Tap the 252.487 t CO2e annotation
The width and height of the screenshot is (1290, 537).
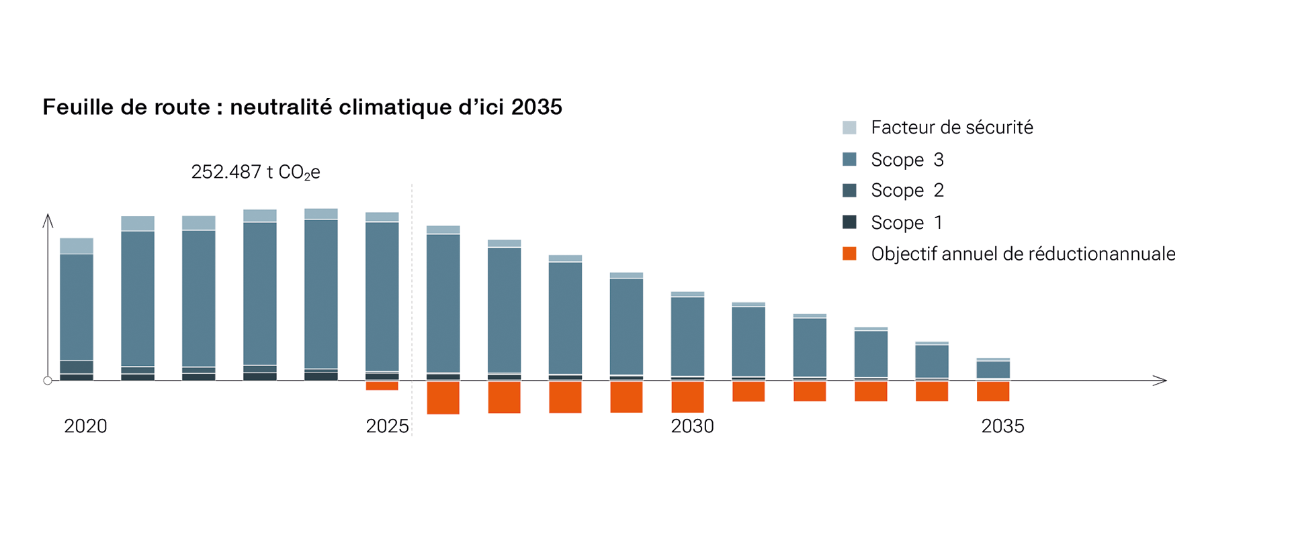(255, 173)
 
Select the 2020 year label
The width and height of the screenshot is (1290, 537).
(85, 426)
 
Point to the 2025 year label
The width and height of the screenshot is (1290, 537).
(387, 426)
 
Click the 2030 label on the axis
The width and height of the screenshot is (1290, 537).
(692, 426)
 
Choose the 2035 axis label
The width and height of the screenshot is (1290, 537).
(1002, 426)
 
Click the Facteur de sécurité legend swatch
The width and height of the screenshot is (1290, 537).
(849, 128)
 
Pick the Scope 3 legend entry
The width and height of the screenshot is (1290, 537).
(907, 160)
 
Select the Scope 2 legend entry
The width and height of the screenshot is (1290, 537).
(907, 191)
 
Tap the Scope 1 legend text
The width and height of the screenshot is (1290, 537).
(907, 223)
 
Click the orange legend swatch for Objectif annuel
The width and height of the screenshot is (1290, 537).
(849, 254)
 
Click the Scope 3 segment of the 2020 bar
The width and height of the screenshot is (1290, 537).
(77, 307)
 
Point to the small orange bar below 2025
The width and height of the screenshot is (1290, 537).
(382, 386)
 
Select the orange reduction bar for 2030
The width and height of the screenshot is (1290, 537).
(687, 397)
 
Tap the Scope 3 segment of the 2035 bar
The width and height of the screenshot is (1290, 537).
(993, 370)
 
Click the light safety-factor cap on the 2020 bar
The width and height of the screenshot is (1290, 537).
(77, 246)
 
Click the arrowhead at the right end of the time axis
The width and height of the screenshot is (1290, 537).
(1162, 381)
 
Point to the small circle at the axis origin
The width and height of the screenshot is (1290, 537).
(48, 381)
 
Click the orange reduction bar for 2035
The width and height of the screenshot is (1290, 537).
(993, 391)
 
